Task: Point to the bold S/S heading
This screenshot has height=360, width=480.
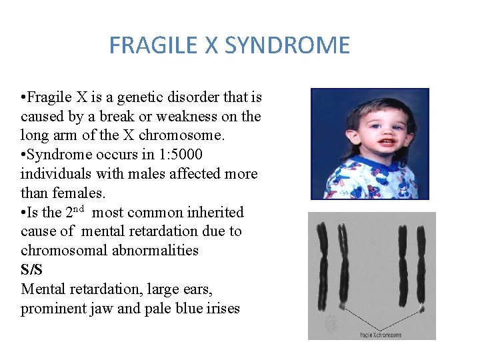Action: click(x=32, y=270)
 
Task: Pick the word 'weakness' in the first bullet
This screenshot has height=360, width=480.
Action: click(x=193, y=117)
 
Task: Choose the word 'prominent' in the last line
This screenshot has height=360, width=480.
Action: click(x=49, y=309)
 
